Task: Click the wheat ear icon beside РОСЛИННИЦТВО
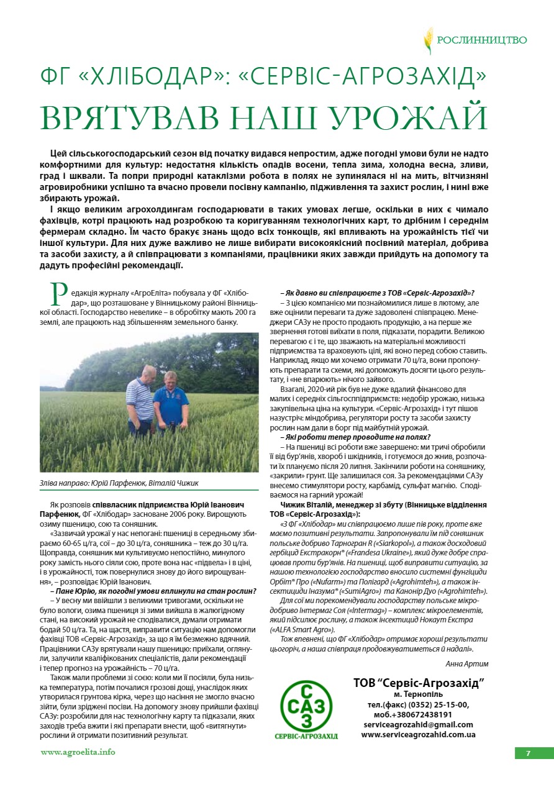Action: (x=428, y=40)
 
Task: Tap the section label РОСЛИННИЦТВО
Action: (x=482, y=40)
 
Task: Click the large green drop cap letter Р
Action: (x=59, y=293)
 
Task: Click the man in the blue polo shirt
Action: (x=171, y=401)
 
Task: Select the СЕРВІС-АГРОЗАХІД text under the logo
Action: (x=306, y=736)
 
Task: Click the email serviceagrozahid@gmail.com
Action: (x=419, y=724)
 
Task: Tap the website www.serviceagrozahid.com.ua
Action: (x=418, y=734)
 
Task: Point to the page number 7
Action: (x=528, y=753)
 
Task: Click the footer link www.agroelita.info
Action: (x=78, y=752)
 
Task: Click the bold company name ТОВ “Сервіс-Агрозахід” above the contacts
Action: (x=419, y=683)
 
